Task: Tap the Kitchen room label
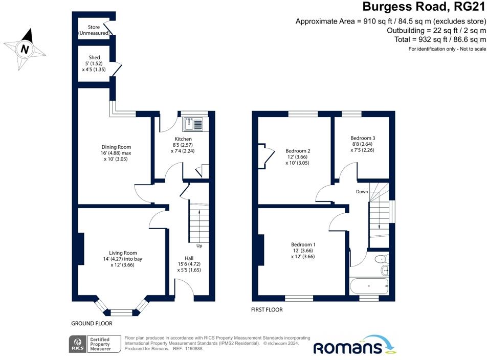tap(183, 139)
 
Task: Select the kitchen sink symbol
tap(193, 124)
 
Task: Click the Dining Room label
tap(116, 147)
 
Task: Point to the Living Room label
tap(123, 253)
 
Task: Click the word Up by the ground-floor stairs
tap(199, 246)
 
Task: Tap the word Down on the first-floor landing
tap(362, 192)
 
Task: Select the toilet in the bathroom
tap(382, 259)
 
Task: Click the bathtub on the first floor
tap(369, 286)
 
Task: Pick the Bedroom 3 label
tap(363, 138)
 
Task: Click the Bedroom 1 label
tap(303, 244)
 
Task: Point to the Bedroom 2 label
tap(298, 151)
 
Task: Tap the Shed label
tap(94, 57)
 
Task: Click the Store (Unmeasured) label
tap(94, 30)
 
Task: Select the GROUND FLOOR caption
tap(92, 323)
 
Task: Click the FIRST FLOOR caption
tap(267, 310)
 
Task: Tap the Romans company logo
tap(355, 345)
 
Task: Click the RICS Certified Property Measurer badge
tap(95, 344)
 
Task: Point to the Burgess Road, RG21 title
tap(424, 7)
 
